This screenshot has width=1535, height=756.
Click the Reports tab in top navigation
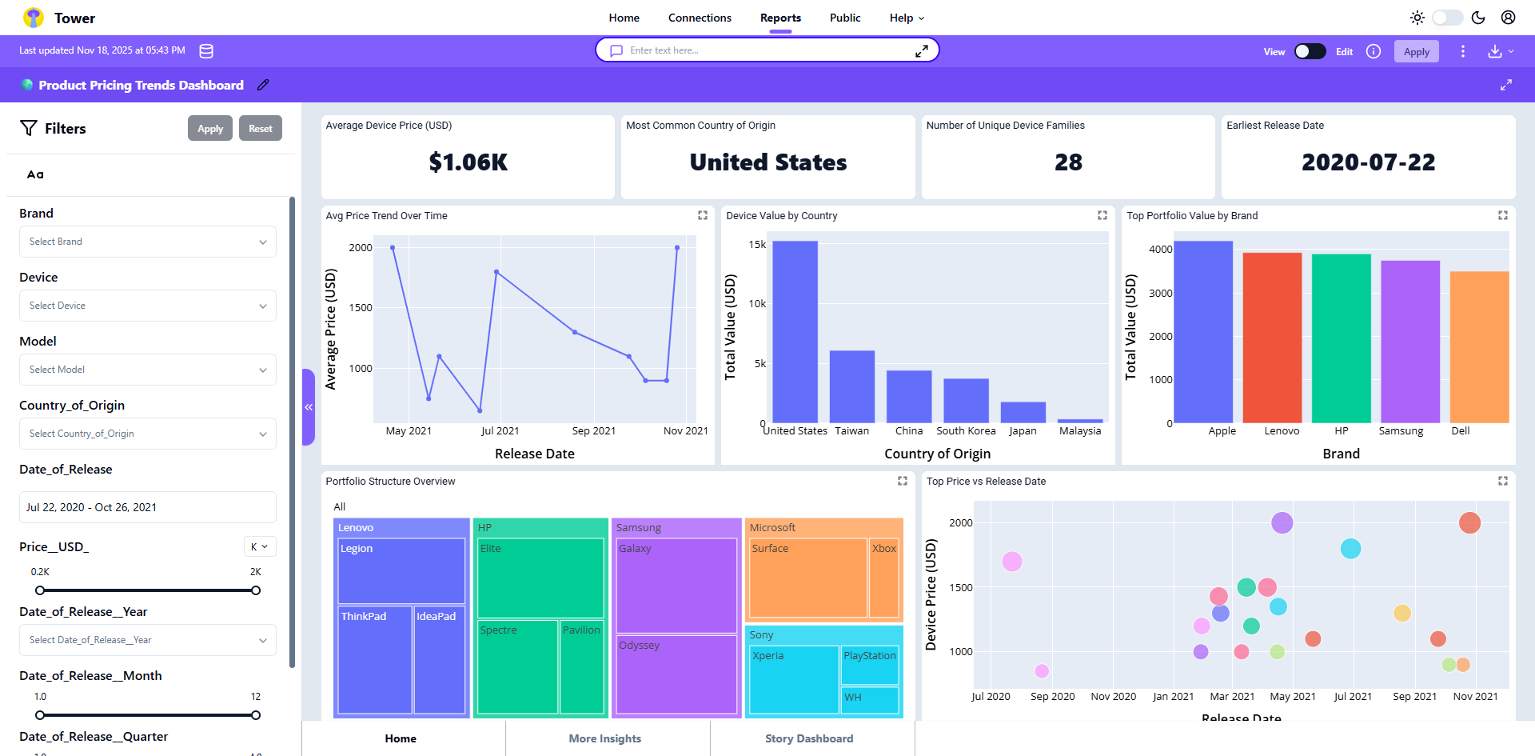[780, 18]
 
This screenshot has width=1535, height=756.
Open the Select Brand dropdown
[148, 242]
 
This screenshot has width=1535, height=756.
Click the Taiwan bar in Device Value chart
[851, 386]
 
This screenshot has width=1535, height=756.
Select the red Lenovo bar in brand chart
[1272, 338]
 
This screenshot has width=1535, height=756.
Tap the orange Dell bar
[1479, 346]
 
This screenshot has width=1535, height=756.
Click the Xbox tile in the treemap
[883, 578]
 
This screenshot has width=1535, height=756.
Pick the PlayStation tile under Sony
[869, 665]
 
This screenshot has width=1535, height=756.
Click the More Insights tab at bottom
[605, 738]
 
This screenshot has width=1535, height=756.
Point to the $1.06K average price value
[468, 162]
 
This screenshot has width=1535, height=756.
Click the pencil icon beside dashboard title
[263, 85]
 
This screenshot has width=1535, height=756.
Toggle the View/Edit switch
[1310, 51]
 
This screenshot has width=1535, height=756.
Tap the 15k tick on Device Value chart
[756, 244]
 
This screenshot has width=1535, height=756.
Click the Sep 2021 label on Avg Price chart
[594, 430]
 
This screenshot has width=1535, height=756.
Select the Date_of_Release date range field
[148, 507]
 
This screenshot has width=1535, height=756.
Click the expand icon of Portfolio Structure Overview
[903, 481]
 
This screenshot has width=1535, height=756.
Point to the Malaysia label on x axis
[1080, 430]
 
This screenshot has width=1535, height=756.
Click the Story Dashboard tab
[809, 738]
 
